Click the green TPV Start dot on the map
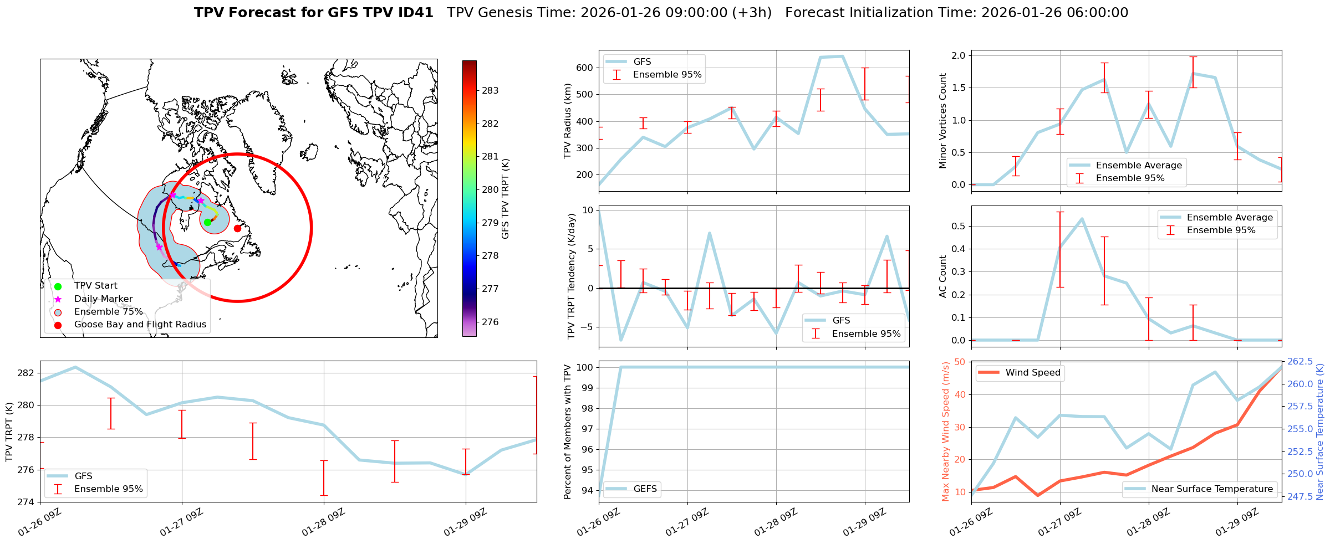[207, 222]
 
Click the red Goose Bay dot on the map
[237, 228]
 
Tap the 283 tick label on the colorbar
[490, 90]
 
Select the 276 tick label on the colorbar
[490, 322]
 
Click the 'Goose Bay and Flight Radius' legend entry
[140, 325]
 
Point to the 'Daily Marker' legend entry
[103, 299]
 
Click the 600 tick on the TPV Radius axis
[586, 68]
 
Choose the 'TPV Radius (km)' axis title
[568, 121]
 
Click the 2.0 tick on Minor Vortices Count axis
[958, 55]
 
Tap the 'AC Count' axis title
[943, 276]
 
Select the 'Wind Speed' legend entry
[1033, 373]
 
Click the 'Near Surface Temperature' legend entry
[1212, 489]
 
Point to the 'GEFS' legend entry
[645, 489]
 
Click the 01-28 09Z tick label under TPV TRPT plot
[324, 522]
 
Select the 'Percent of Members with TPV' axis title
[568, 432]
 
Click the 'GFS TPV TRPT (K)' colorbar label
[506, 199]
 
